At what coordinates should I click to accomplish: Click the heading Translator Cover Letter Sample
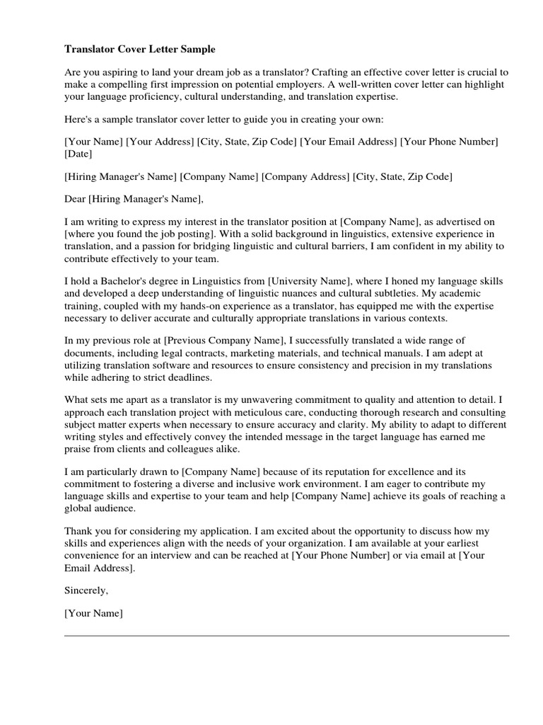(140, 50)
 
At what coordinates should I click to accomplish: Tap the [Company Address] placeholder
(305, 176)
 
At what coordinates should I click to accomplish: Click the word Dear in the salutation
(75, 198)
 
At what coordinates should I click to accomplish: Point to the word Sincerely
(86, 590)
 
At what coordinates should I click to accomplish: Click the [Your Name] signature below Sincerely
(93, 613)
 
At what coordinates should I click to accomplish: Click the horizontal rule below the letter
(286, 636)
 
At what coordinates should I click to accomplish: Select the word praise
(78, 448)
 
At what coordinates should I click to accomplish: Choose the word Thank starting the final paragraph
(78, 531)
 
